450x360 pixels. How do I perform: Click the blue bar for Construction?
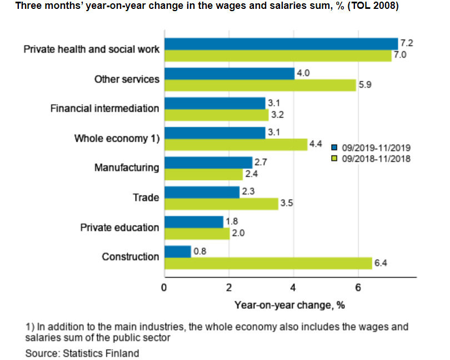[177, 251]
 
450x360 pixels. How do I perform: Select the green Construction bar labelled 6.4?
[268, 263]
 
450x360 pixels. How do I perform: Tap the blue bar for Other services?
[229, 73]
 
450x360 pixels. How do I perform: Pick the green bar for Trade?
[221, 204]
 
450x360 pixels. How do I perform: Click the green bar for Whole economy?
[236, 144]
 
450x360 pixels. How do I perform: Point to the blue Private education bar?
[193, 222]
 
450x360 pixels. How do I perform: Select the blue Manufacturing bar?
[208, 162]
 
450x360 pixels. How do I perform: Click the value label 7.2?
[406, 42]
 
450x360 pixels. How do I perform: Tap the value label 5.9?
[364, 86]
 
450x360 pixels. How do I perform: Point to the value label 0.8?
[199, 251]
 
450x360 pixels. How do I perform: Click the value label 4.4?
[316, 144]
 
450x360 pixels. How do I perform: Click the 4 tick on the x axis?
[293, 288]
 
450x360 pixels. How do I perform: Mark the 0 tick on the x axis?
[164, 288]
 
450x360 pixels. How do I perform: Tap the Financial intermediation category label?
[104, 108]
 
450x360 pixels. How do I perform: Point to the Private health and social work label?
[92, 49]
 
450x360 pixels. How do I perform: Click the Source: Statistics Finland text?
[82, 353]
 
